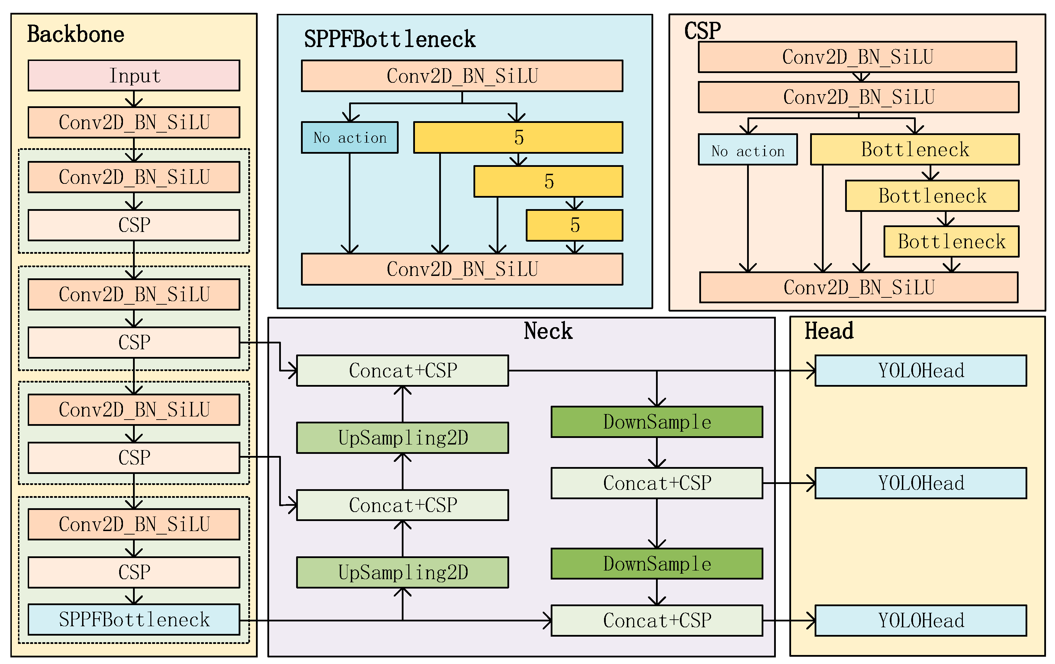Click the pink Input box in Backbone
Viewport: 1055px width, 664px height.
pyautogui.click(x=134, y=75)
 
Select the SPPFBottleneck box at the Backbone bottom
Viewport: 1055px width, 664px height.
pyautogui.click(x=134, y=619)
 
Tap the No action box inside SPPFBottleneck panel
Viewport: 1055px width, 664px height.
pyautogui.click(x=349, y=137)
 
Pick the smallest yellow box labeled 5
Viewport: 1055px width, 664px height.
pyautogui.click(x=574, y=225)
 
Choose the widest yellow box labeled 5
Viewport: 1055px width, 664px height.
pyautogui.click(x=518, y=137)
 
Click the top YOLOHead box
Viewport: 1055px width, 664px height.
pyautogui.click(x=921, y=370)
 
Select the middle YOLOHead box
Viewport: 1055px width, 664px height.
pyautogui.click(x=921, y=483)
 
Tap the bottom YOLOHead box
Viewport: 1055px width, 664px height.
pyautogui.click(x=921, y=620)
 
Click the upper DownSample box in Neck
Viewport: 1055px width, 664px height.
pyautogui.click(x=657, y=422)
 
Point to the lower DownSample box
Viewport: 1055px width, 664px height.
pyautogui.click(x=657, y=564)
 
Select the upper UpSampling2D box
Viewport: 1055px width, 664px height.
pyautogui.click(x=402, y=438)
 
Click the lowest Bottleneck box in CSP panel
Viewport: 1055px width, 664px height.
pyautogui.click(x=951, y=241)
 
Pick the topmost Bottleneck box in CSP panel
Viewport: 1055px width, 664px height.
pyautogui.click(x=915, y=149)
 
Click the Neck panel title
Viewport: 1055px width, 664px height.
pyautogui.click(x=548, y=331)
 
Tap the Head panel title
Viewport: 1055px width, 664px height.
pyautogui.click(x=829, y=331)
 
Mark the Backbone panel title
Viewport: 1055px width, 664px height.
pyautogui.click(x=76, y=34)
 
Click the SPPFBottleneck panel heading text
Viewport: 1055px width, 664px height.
pyautogui.click(x=390, y=39)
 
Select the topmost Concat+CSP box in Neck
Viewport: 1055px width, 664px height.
pyautogui.click(x=402, y=370)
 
